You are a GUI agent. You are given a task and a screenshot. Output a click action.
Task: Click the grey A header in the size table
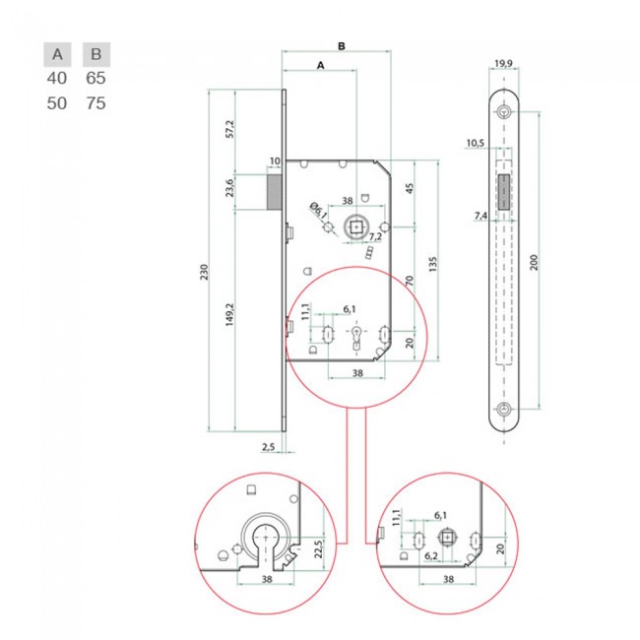57,54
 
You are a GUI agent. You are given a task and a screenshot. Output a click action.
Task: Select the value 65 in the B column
96,78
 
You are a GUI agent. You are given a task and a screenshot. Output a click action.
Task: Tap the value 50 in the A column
57,103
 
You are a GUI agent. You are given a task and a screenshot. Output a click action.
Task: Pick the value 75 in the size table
96,103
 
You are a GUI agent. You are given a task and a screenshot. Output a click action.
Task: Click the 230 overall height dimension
204,272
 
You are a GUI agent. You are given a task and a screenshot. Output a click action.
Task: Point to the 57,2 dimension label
230,129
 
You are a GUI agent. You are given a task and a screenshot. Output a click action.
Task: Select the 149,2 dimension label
229,314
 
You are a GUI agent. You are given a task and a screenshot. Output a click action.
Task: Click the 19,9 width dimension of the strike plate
503,63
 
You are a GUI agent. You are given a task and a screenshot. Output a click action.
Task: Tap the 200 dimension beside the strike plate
534,262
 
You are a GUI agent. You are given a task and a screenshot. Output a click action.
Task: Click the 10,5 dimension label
476,143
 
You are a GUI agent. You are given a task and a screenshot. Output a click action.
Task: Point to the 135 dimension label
433,265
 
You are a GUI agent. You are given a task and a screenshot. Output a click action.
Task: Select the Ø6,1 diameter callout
318,210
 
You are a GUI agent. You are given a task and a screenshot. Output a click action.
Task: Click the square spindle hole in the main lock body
356,226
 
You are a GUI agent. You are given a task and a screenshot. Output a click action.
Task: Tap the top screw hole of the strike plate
504,111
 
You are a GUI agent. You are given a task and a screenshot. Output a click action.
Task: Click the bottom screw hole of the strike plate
504,409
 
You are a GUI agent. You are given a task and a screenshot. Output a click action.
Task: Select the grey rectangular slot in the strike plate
504,192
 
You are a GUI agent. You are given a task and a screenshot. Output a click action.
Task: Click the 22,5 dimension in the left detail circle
319,548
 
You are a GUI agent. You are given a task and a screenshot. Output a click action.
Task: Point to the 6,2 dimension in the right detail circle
431,556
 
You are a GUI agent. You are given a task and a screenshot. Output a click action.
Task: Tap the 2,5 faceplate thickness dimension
268,447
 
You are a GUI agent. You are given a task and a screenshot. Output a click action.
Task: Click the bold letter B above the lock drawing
342,46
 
